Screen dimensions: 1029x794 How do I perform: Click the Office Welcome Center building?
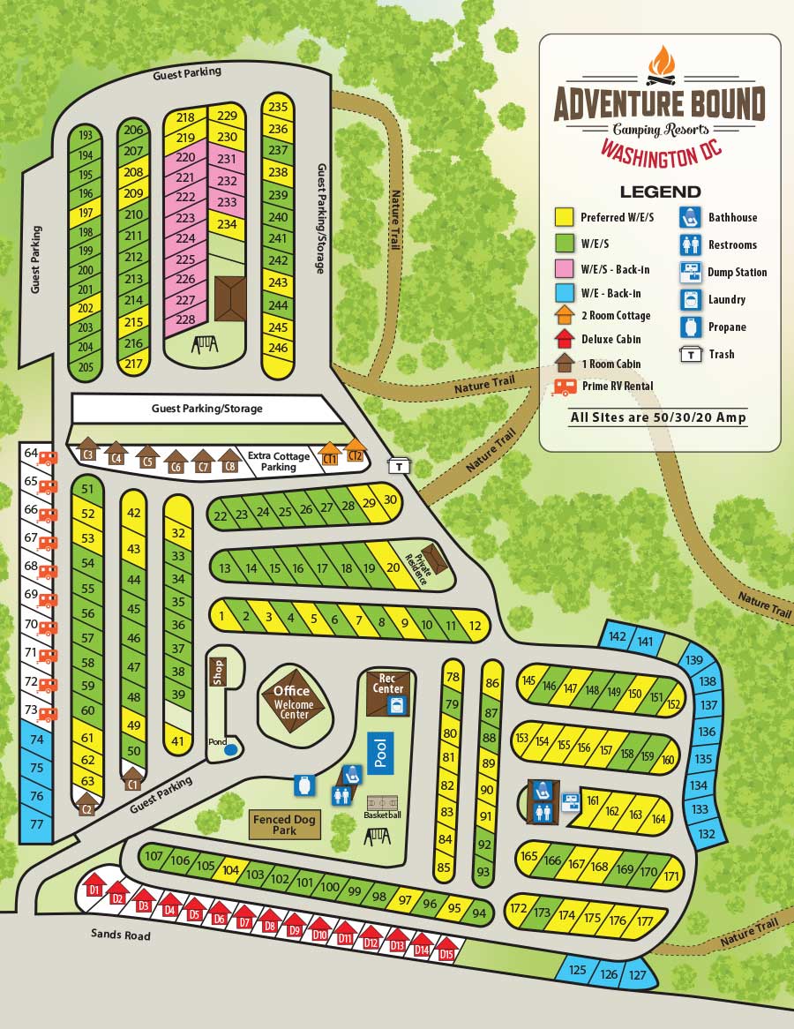coord(294,702)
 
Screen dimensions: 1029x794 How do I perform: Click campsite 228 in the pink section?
coord(186,319)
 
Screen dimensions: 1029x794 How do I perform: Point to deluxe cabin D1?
coord(94,886)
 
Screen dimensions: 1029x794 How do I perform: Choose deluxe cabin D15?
coord(447,950)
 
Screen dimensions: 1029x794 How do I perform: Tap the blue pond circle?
coord(231,749)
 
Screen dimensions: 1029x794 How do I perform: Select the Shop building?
coord(217,672)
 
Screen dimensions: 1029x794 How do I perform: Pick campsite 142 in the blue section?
coord(618,637)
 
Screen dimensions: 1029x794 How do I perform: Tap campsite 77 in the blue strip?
coord(36,824)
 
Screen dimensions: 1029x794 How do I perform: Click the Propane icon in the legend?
coord(690,327)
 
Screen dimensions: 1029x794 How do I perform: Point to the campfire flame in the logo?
coord(661,64)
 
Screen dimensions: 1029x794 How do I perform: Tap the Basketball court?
coord(381,804)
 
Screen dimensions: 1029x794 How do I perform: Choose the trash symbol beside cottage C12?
coord(399,465)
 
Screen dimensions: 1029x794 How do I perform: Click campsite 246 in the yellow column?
coord(278,348)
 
